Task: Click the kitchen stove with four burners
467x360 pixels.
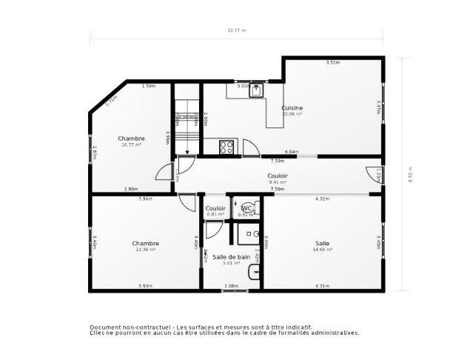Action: [x=226, y=147]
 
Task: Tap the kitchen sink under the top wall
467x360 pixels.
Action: [x=256, y=90]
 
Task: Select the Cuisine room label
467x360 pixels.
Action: [x=292, y=108]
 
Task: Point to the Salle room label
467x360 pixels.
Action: [x=323, y=243]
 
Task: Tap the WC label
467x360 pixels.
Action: [x=246, y=208]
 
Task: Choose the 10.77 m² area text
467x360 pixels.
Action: [x=131, y=144]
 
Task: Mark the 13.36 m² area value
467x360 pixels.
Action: [x=145, y=250]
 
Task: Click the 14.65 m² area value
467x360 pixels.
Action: [x=323, y=250]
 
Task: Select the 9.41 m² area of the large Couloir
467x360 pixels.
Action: [x=278, y=181]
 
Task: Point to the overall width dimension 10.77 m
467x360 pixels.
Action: [x=236, y=30]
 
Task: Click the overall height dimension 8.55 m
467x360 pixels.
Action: [x=409, y=176]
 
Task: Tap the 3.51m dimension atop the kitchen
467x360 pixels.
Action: [x=333, y=62]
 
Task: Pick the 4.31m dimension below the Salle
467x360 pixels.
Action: [x=322, y=286]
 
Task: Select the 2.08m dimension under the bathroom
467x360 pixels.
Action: [x=231, y=286]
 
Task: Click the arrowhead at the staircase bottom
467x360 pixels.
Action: [x=187, y=153]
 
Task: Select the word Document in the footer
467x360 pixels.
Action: [x=106, y=327]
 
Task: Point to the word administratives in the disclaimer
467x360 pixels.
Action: [x=335, y=333]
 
